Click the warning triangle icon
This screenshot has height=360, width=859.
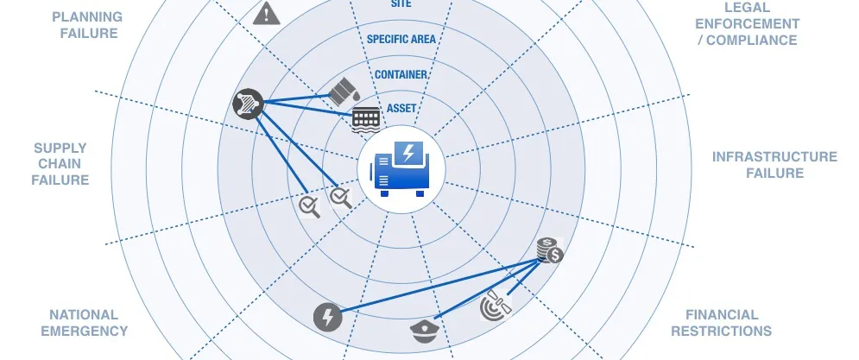pos(266,13)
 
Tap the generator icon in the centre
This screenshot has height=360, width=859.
pos(401,168)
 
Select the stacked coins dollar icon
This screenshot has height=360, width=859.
pos(549,250)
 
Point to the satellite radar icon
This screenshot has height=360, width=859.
pos(496,306)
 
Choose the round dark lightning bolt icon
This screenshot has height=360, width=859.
pos(327,317)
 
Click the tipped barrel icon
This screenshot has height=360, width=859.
pos(344,91)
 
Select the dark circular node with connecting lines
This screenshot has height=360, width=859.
pos(248,104)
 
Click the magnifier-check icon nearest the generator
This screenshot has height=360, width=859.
pos(341,197)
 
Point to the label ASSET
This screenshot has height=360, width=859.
pos(401,109)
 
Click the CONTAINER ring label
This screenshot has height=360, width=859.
pos(401,74)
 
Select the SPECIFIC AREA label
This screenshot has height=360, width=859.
pos(401,40)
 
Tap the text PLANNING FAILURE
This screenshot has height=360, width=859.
pos(88,25)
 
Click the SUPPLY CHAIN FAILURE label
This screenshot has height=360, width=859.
pos(60,164)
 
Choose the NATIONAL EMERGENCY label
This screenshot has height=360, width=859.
pos(85,323)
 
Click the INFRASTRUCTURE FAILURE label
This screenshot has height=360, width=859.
pos(774,165)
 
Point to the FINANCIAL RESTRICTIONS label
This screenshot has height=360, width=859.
pos(722,323)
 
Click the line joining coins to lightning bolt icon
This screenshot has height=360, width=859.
pos(439,287)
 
